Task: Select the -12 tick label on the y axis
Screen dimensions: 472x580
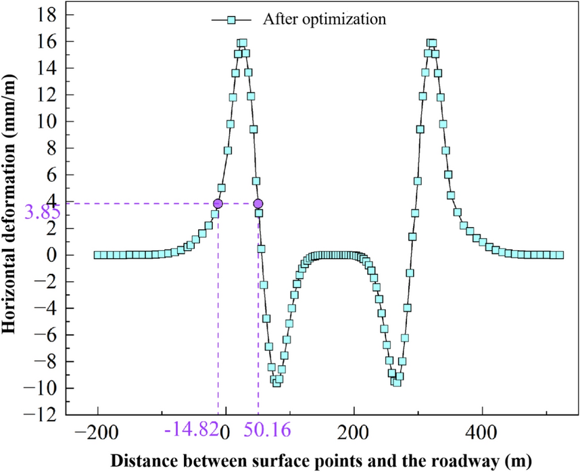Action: tap(42, 415)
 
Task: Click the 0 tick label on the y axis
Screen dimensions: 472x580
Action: tap(50, 255)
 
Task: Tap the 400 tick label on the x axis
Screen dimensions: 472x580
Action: tap(482, 430)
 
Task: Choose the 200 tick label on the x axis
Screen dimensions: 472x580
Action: tap(354, 430)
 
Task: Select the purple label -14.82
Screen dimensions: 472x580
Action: tap(191, 430)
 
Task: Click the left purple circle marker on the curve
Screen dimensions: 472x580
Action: tap(218, 204)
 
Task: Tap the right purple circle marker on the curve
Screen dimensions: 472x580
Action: tap(258, 204)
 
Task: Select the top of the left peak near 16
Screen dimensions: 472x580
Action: tap(241, 43)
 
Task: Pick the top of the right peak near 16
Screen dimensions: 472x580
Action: tap(431, 43)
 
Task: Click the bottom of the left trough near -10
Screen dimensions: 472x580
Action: tap(276, 383)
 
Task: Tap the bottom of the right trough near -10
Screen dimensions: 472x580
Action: tap(395, 383)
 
